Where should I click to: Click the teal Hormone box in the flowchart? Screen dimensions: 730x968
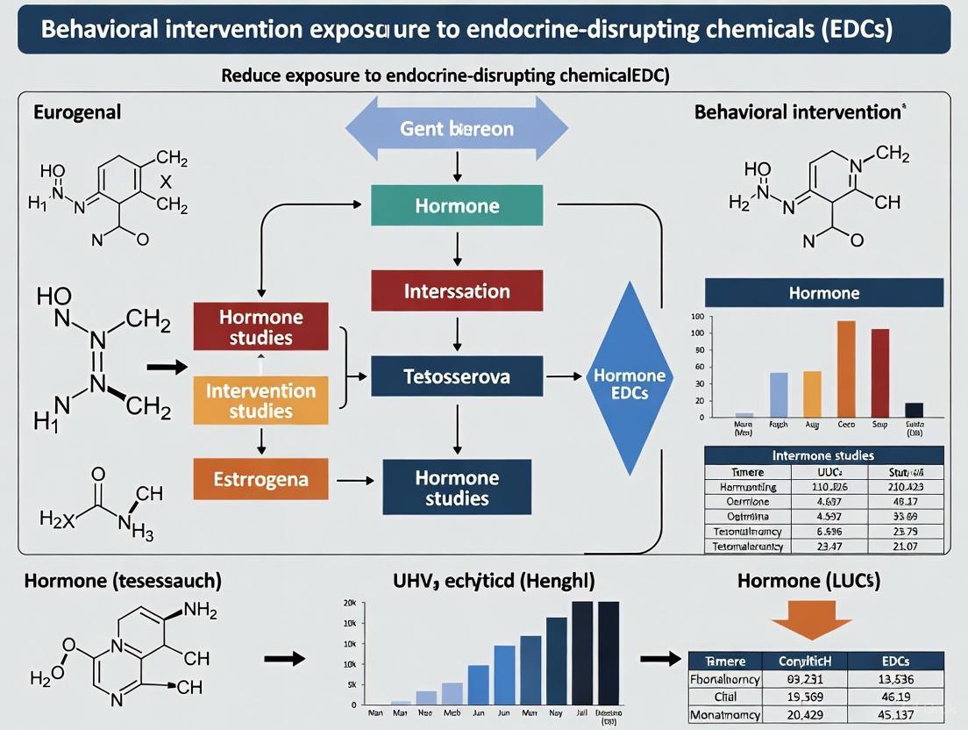(x=457, y=207)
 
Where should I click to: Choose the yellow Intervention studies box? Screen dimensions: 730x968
(x=260, y=401)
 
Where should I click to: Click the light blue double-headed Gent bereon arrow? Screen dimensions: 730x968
(x=457, y=128)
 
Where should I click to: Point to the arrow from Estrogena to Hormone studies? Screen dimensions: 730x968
(x=355, y=482)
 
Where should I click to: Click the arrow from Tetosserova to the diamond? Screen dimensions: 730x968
(x=564, y=377)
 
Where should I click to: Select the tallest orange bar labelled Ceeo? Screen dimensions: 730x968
(x=846, y=369)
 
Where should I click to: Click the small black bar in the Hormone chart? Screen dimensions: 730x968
(x=914, y=409)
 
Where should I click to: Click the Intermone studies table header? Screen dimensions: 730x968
(x=823, y=455)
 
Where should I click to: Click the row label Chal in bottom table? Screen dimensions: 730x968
(x=724, y=698)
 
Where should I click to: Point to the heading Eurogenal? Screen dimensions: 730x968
(x=77, y=112)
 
